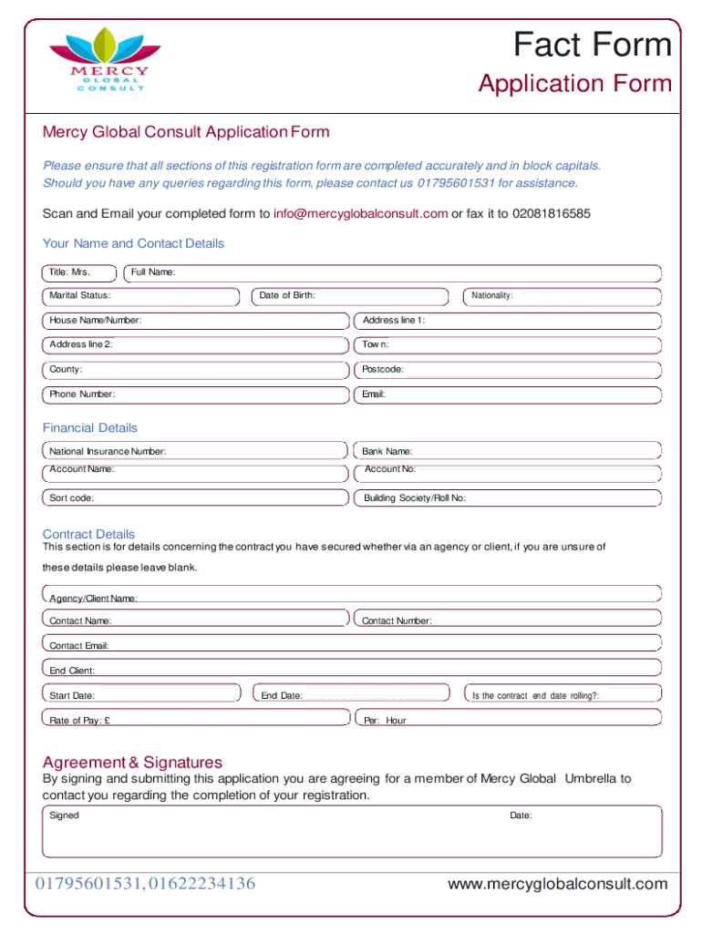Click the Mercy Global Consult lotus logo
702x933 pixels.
(x=98, y=59)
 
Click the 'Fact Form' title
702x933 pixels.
(x=592, y=45)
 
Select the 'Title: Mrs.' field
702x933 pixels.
(x=79, y=272)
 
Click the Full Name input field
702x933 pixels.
(x=392, y=272)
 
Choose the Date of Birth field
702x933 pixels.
(x=350, y=295)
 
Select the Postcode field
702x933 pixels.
(x=507, y=370)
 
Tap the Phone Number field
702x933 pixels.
(x=196, y=395)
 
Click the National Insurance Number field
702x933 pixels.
(x=196, y=451)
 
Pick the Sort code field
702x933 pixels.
(x=196, y=498)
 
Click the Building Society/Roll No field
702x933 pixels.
(x=507, y=498)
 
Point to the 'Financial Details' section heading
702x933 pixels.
(x=90, y=427)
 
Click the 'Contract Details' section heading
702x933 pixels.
(x=88, y=534)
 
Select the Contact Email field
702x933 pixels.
(x=352, y=645)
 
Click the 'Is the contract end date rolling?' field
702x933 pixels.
(x=562, y=695)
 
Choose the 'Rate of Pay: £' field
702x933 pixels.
(x=196, y=720)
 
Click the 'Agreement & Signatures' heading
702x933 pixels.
(x=132, y=762)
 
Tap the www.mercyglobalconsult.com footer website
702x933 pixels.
(x=558, y=884)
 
